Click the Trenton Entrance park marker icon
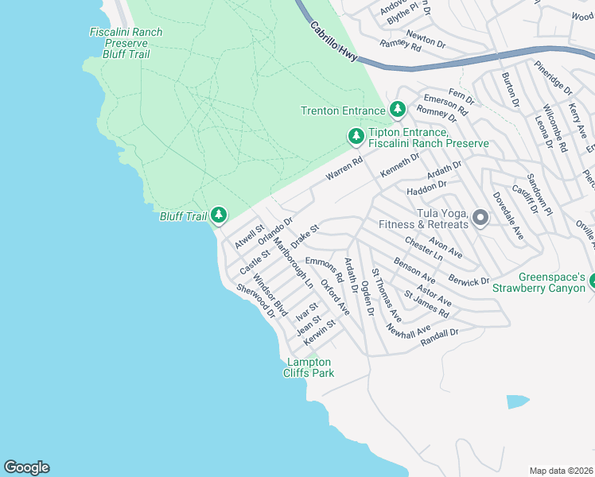[x=398, y=110]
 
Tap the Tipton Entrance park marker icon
[x=356, y=137]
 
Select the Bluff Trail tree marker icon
[x=219, y=215]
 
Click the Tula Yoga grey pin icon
[x=480, y=218]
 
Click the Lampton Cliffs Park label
[x=310, y=367]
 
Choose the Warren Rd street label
[x=344, y=168]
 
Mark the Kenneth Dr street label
[x=399, y=165]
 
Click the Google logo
[x=26, y=467]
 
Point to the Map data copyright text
[x=562, y=471]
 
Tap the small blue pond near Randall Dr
[x=517, y=401]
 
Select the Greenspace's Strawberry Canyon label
[x=552, y=282]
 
